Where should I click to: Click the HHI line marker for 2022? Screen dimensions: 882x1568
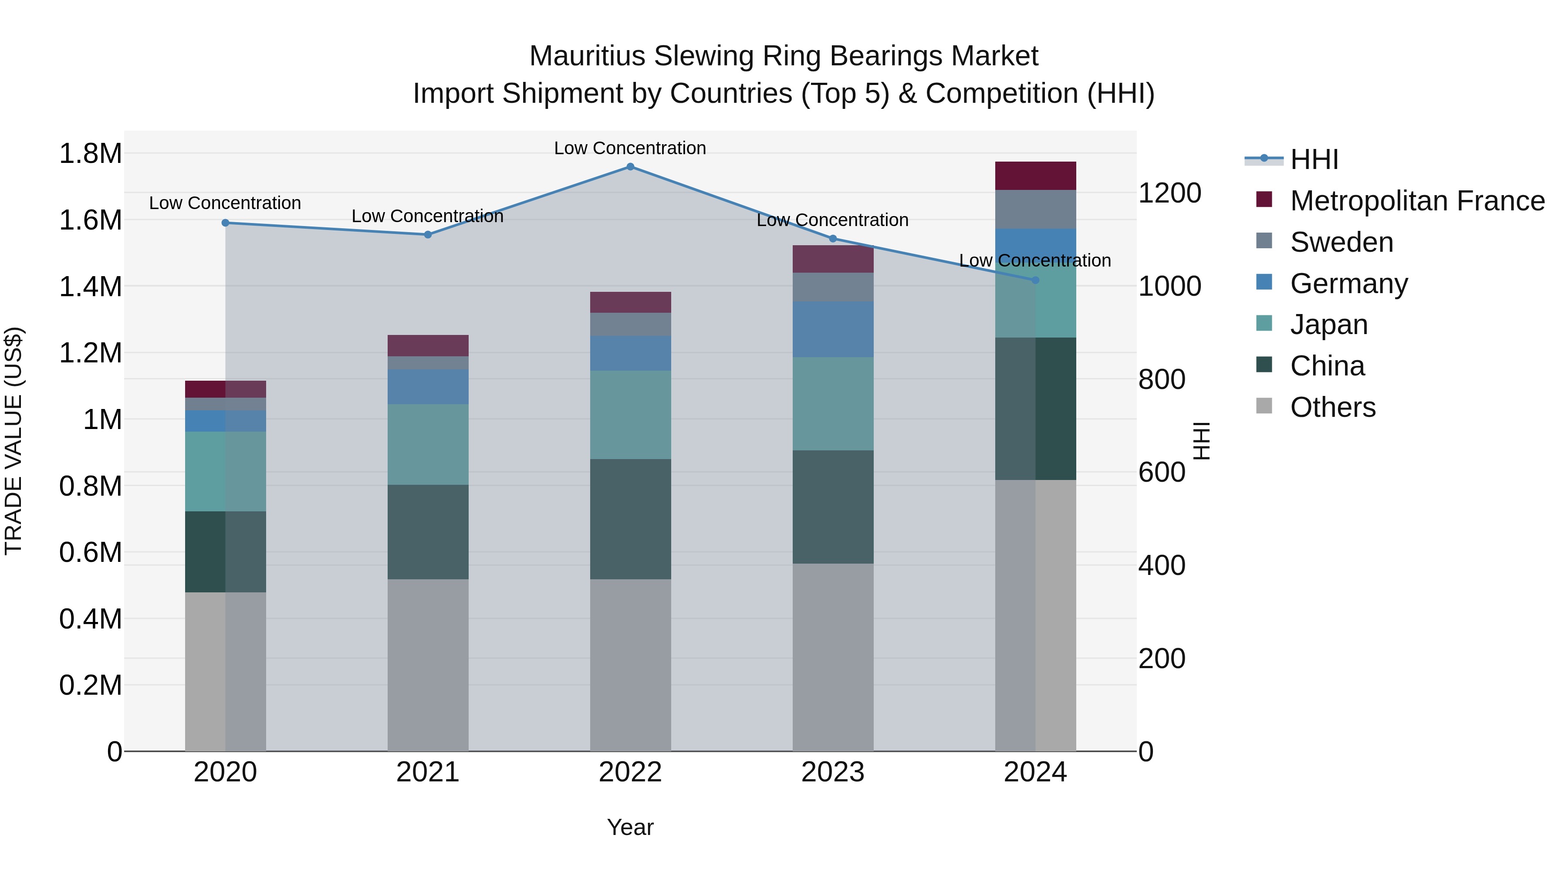tap(630, 167)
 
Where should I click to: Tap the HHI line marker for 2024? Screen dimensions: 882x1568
tap(1035, 280)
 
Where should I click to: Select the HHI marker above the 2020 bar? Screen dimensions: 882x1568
tap(225, 223)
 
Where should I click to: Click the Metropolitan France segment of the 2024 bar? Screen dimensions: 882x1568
tap(1035, 176)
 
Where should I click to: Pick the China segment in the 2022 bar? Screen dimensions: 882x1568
tap(630, 519)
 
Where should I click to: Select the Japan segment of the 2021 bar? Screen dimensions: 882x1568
tap(428, 444)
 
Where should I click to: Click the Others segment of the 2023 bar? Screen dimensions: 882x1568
tap(833, 657)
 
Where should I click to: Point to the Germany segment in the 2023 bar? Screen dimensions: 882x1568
tap(833, 329)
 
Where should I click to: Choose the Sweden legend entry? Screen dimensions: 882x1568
tap(1341, 242)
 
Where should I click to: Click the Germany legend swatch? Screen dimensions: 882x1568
tap(1264, 282)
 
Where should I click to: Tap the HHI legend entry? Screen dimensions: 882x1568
tap(1314, 159)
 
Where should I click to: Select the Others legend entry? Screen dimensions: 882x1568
tap(1332, 407)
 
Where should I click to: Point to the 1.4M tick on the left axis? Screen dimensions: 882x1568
tap(90, 287)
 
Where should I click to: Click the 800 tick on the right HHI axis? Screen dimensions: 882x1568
tap(1161, 379)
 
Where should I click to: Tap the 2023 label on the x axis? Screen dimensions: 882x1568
tap(833, 772)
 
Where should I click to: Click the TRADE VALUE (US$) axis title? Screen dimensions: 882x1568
tap(14, 441)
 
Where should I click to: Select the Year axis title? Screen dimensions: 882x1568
tap(630, 827)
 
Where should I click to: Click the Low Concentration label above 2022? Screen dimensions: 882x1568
tap(630, 148)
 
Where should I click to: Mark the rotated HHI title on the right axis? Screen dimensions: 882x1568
tap(1201, 441)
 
